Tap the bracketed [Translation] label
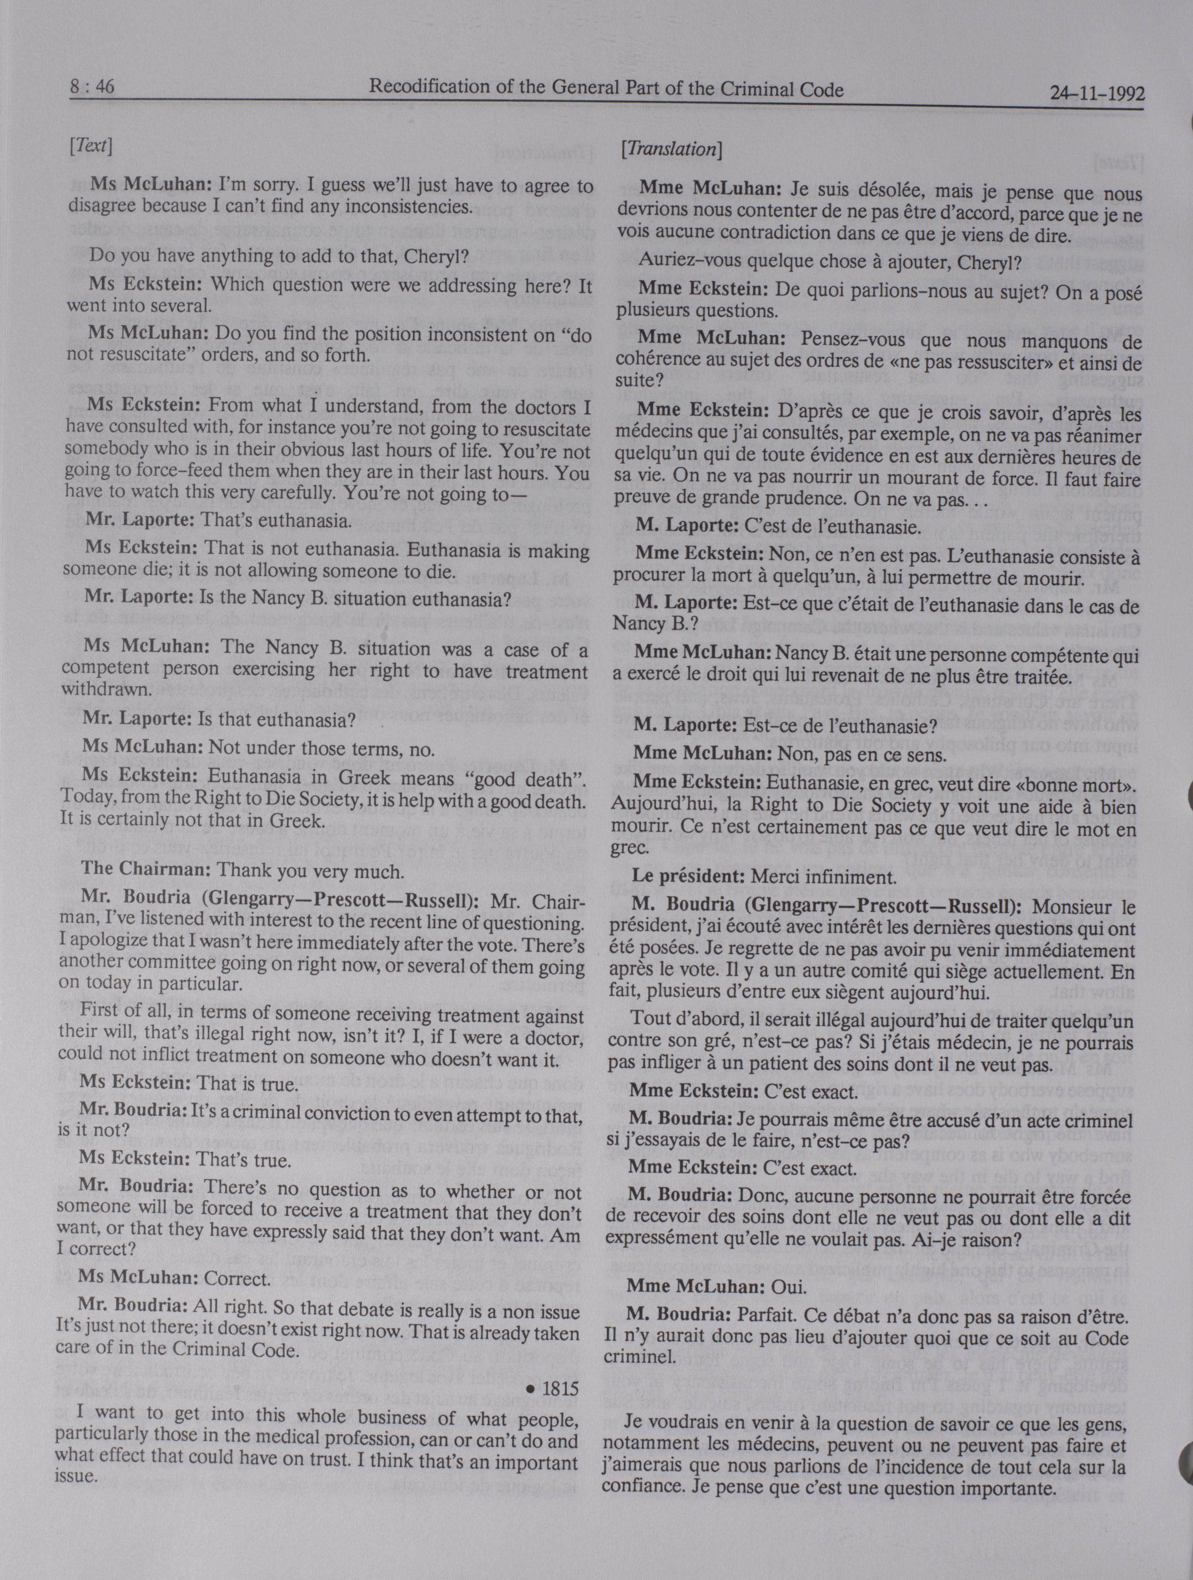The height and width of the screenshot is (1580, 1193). click(671, 150)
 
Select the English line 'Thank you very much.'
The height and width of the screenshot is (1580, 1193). click(310, 871)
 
